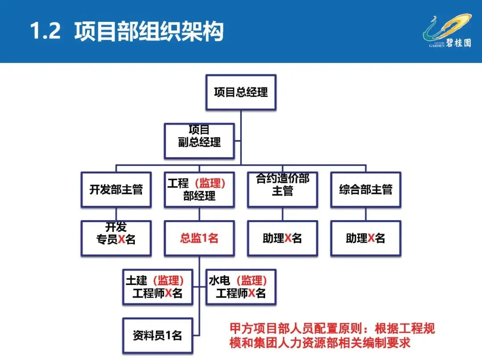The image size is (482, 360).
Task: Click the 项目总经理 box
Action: click(241, 92)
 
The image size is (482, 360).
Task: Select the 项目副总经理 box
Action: click(199, 141)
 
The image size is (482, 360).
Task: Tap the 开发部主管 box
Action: click(116, 189)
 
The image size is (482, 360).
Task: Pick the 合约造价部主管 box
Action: click(283, 189)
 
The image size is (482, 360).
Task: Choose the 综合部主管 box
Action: click(366, 189)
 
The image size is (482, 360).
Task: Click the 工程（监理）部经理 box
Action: click(199, 189)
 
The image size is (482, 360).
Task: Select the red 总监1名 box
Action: click(199, 238)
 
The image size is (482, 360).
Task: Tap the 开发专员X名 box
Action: click(116, 238)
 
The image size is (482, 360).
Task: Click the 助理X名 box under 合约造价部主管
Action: click(283, 238)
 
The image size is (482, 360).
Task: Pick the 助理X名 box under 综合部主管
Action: click(366, 238)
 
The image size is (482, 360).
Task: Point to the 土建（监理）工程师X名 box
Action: click(158, 287)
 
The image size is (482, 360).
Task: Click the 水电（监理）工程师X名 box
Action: click(241, 287)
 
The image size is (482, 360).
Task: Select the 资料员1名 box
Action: click(158, 335)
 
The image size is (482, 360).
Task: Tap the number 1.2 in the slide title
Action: click(45, 32)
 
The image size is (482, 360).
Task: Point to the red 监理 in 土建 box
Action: click(168, 280)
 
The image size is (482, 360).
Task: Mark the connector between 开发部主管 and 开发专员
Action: click(116, 214)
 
